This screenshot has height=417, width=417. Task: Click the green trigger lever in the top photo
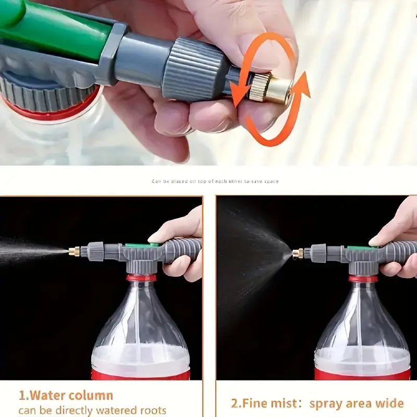pyautogui.click(x=52, y=31)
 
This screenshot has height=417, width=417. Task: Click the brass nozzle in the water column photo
pyautogui.click(x=74, y=251)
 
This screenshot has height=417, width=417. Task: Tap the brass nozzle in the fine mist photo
pyautogui.click(x=297, y=254)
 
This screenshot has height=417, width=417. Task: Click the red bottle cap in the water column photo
pyautogui.click(x=141, y=278)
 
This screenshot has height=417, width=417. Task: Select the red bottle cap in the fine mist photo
pyautogui.click(x=363, y=278)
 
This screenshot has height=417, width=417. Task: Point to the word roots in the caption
pyautogui.click(x=151, y=410)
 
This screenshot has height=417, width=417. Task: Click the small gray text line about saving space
pyautogui.click(x=215, y=181)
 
